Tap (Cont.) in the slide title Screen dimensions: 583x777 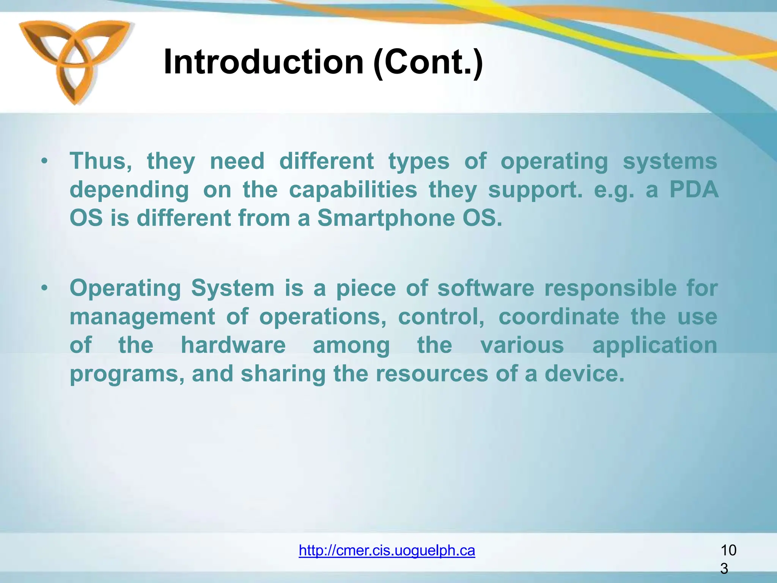tap(428, 63)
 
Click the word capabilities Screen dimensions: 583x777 tap(353, 189)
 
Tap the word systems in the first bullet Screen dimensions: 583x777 tap(670, 161)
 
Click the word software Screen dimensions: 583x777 tap(486, 288)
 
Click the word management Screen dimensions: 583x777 tap(142, 317)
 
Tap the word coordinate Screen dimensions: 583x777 tap(558, 317)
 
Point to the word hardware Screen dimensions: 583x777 tap(233, 345)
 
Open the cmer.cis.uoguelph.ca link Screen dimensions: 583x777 tap(387, 550)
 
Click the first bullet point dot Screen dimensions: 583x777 tap(45, 161)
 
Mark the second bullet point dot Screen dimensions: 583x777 tap(45, 288)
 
